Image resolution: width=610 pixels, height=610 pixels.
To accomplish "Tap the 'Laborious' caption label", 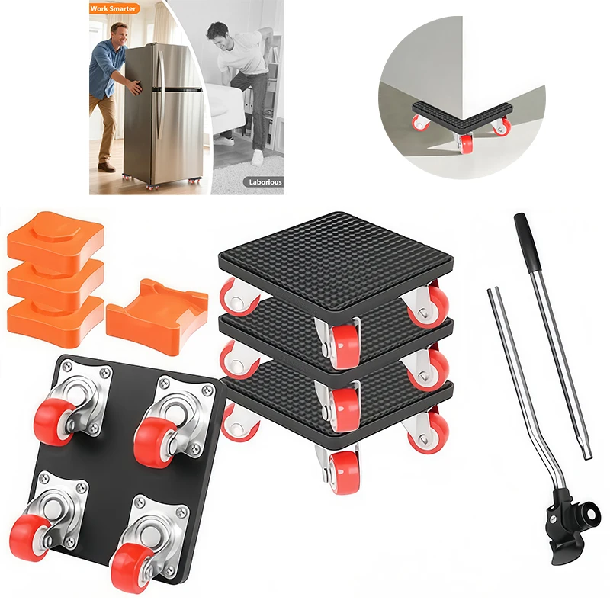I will pos(263,182).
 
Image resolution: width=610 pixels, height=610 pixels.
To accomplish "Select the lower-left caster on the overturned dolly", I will pos(38,518).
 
